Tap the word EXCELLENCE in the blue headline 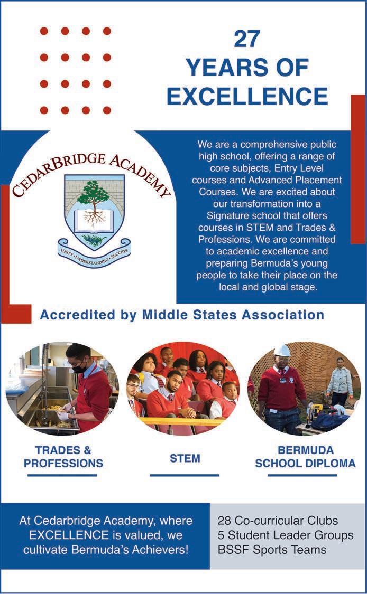(247, 96)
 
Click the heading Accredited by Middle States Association (182, 315)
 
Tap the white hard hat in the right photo (283, 351)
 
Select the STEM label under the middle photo (185, 458)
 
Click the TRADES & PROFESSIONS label (63, 457)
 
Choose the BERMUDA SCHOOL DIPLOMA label (305, 457)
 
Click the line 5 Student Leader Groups (286, 535)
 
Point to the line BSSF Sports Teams (272, 550)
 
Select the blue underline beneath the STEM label (184, 475)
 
